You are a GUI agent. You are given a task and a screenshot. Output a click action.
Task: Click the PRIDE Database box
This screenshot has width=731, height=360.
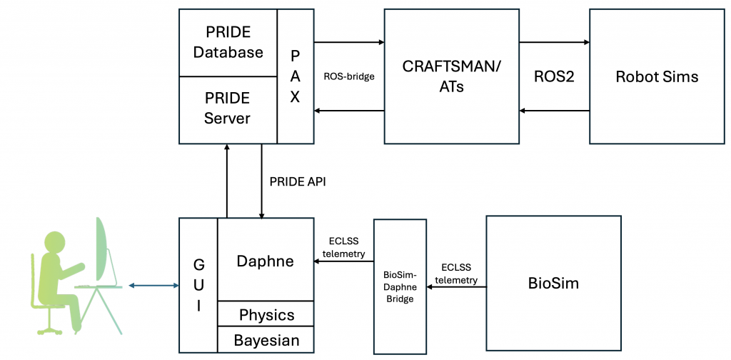click(228, 42)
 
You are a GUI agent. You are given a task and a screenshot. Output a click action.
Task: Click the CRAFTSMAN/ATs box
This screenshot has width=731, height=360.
click(452, 75)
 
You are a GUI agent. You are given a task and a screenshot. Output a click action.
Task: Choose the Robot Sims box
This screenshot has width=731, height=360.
click(657, 75)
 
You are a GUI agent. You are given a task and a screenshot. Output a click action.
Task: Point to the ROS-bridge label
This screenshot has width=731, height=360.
click(349, 76)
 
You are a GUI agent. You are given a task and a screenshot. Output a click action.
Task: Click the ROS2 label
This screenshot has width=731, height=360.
click(554, 76)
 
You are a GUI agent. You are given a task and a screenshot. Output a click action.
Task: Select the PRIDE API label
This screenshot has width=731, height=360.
click(298, 181)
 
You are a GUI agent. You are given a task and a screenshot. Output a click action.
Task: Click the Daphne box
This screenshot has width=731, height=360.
click(265, 261)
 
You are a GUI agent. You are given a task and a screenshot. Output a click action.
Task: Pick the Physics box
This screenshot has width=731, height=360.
click(266, 315)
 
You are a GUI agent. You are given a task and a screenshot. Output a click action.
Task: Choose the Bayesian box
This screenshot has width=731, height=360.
click(266, 340)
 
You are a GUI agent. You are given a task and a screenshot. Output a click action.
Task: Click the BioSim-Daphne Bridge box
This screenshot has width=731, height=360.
click(400, 286)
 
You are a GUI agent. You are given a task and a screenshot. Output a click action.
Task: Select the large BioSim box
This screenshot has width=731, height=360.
click(553, 284)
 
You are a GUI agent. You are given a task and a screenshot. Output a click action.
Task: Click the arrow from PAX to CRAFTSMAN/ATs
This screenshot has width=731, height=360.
click(349, 42)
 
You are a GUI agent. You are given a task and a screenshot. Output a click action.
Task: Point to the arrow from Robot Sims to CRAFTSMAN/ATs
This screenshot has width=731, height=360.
click(554, 111)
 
